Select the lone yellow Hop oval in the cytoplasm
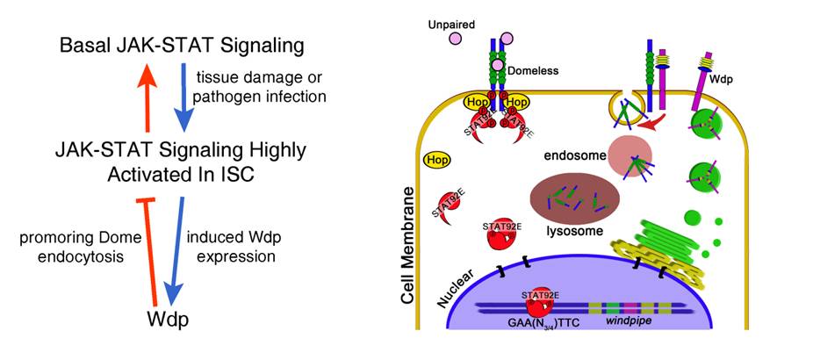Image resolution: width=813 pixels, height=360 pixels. tap(437, 161)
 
